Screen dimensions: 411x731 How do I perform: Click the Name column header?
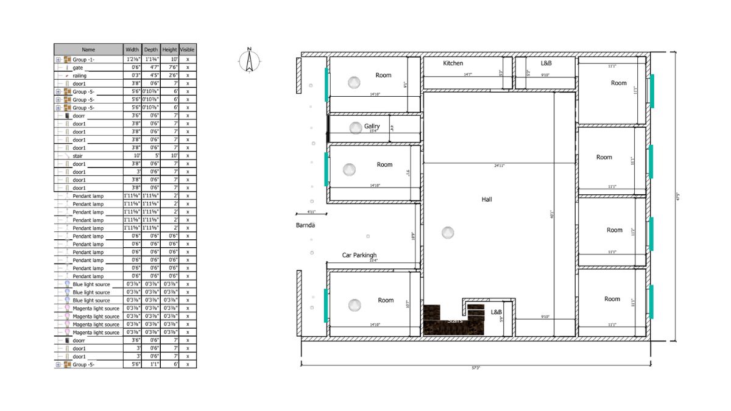click(88, 49)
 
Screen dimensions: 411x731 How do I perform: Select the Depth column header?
click(150, 49)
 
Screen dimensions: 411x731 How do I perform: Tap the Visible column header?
click(188, 49)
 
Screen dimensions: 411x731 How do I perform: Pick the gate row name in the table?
click(78, 68)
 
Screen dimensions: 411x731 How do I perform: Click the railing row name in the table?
click(79, 76)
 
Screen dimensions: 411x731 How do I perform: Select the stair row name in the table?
click(77, 156)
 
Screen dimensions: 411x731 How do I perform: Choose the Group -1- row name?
click(83, 60)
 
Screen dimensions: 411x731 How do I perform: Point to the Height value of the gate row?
click(170, 68)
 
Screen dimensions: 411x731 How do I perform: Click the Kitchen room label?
click(453, 63)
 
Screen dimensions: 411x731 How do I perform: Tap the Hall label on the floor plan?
click(486, 199)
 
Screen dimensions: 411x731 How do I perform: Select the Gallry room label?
click(372, 126)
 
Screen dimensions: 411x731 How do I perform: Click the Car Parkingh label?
click(359, 255)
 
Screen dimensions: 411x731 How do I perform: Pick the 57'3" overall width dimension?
click(475, 368)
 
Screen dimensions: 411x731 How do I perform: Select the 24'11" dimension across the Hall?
click(499, 166)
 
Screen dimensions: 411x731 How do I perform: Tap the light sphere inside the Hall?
click(448, 232)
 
